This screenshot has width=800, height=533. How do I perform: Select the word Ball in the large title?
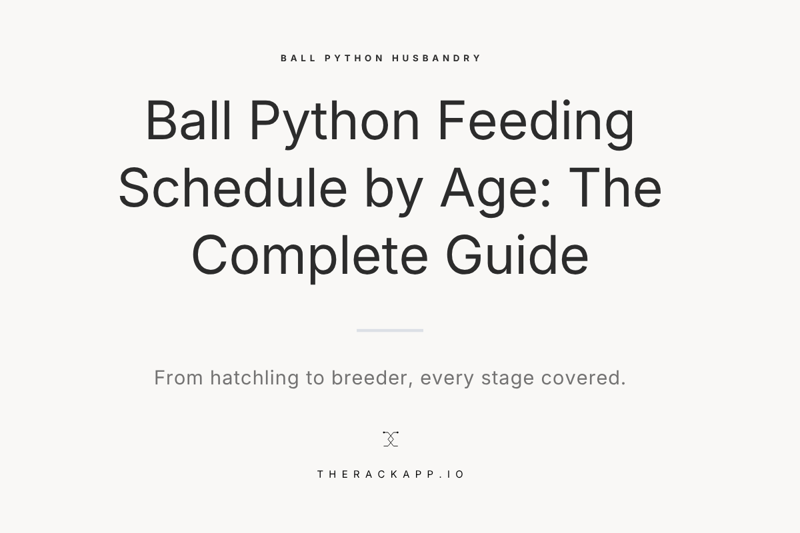tap(189, 121)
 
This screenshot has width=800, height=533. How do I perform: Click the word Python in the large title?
tap(334, 121)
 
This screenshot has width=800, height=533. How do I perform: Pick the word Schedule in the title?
tap(233, 189)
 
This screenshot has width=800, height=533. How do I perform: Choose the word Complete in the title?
tap(309, 255)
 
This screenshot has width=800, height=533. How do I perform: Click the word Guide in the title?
tap(517, 255)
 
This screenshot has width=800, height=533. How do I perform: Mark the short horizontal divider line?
tap(390, 330)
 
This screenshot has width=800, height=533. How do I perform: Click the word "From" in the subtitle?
tap(179, 378)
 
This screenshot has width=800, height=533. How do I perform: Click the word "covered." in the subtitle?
tap(583, 378)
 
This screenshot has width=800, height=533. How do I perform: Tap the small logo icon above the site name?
tap(391, 438)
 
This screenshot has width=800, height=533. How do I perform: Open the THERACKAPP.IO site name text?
tap(391, 474)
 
